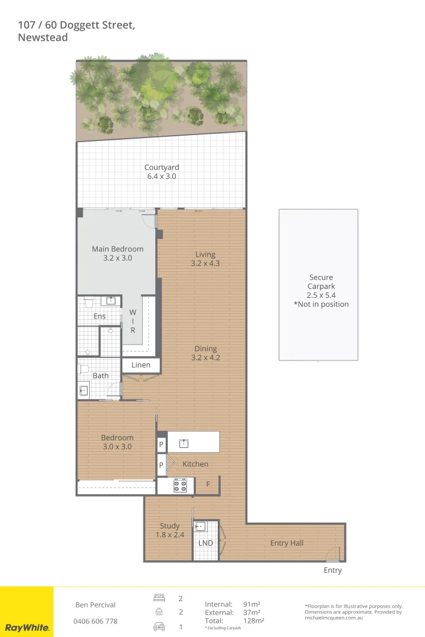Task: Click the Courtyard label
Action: coord(162,168)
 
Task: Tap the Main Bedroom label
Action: coord(117,249)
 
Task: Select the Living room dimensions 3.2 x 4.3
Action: coord(205,264)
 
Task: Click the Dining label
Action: coord(205,349)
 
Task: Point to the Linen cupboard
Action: coord(140,365)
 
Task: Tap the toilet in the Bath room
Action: coord(83,370)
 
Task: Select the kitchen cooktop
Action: coord(179,485)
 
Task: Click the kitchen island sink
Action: coord(184,442)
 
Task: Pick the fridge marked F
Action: coord(207,485)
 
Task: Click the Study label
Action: coord(169,526)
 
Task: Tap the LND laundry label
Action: coord(205,543)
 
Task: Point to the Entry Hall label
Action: coord(287,543)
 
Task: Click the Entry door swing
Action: coord(335,556)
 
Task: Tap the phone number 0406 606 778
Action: coord(95,621)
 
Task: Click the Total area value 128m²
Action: coord(253,620)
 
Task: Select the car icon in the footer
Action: coord(159,626)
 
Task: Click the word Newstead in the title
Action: coord(43,38)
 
